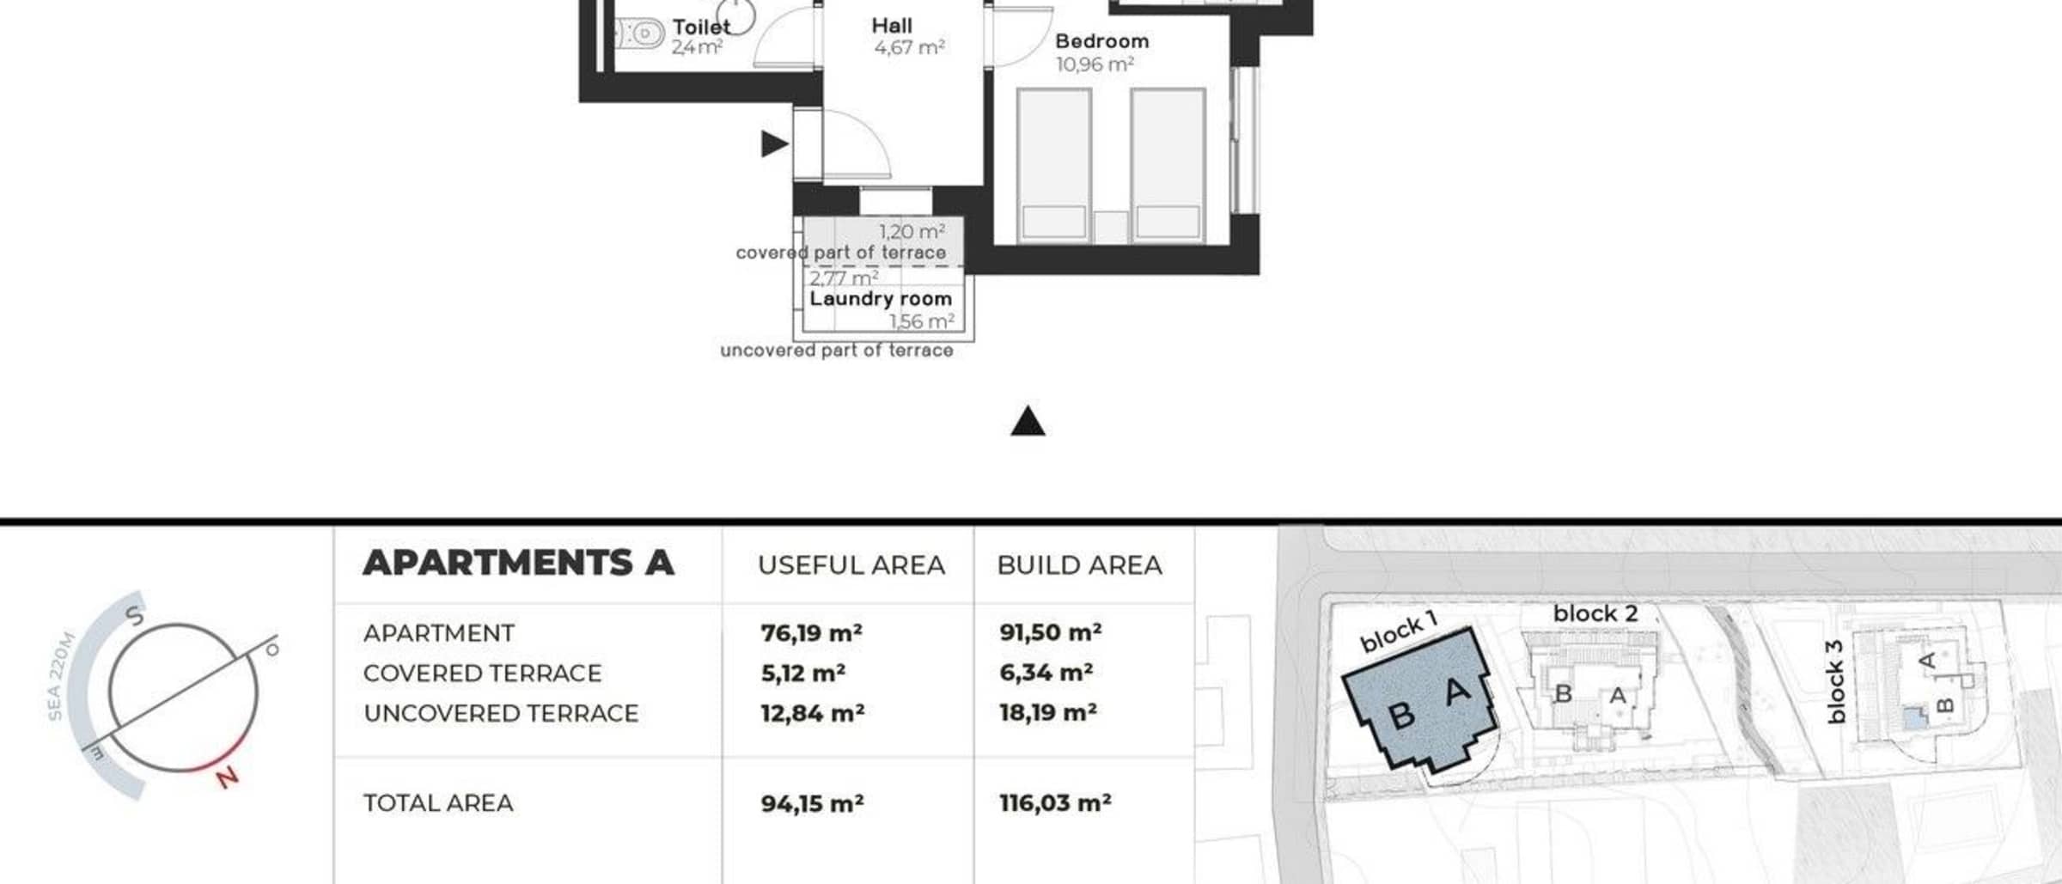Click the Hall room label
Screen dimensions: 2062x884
click(892, 26)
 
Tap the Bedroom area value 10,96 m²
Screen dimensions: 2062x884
click(1095, 64)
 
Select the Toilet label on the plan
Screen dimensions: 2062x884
click(701, 27)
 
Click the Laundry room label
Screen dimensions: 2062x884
click(881, 299)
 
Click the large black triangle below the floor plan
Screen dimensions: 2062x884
click(1028, 422)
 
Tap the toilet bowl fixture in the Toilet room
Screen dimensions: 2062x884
click(640, 34)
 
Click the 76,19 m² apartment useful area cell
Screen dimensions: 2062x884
click(811, 633)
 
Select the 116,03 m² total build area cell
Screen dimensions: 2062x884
click(1055, 803)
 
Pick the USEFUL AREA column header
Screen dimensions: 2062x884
click(851, 565)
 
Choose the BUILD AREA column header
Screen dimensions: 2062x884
click(1079, 565)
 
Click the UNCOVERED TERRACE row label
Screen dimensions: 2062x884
click(501, 713)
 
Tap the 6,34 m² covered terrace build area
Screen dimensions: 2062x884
click(1046, 673)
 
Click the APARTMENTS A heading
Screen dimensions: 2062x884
click(518, 563)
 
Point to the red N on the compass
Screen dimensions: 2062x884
click(227, 777)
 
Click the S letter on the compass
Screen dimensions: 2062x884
click(136, 615)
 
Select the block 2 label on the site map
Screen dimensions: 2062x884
click(1595, 613)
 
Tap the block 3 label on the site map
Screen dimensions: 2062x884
click(1834, 692)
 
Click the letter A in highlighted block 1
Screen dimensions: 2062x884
click(1457, 691)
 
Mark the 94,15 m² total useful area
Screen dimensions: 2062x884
click(812, 803)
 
